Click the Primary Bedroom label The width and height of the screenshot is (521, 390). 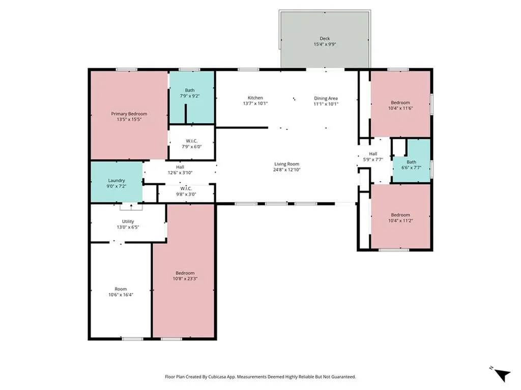click(129, 114)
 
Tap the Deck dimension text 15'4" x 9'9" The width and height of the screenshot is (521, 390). click(325, 44)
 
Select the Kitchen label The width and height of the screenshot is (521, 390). click(255, 98)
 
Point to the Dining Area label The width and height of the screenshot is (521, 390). click(326, 98)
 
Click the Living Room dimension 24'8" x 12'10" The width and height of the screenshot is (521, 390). click(287, 170)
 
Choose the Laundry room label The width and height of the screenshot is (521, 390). click(117, 181)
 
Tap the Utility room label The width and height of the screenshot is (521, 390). click(128, 221)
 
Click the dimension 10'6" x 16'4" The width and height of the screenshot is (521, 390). click(121, 295)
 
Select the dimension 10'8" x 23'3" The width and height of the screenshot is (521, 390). click(185, 279)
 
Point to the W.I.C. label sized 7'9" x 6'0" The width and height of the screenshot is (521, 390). click(192, 141)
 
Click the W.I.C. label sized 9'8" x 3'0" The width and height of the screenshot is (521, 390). click(186, 189)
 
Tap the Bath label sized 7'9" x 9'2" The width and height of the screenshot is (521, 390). click(190, 90)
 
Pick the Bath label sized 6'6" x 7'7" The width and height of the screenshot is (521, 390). click(411, 162)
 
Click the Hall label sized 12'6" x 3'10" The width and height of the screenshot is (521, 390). click(180, 167)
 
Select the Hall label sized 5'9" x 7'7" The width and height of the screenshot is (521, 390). click(373, 154)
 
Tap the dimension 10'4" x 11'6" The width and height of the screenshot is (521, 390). click(400, 108)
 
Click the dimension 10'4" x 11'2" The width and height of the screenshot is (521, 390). click(400, 220)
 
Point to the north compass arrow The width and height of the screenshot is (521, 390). click(502, 375)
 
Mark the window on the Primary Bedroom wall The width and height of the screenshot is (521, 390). click(127, 70)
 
